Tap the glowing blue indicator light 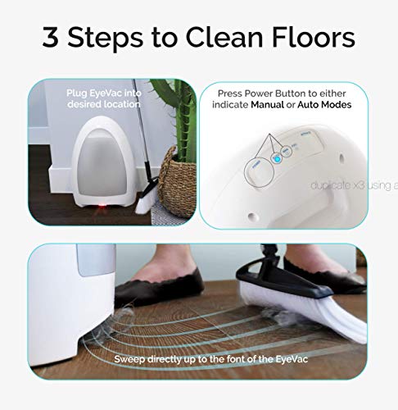[x=275, y=159]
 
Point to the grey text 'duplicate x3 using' [x=351, y=185]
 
